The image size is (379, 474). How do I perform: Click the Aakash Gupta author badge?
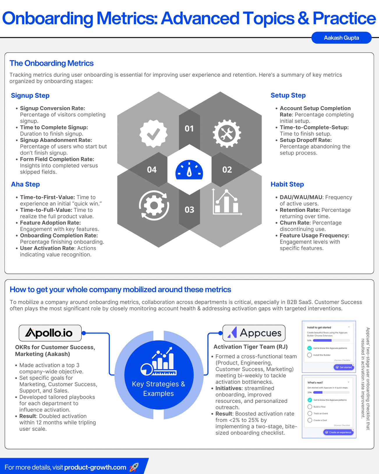[x=341, y=38]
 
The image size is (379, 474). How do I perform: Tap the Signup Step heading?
[x=30, y=95]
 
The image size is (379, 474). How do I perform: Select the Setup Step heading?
[x=288, y=95]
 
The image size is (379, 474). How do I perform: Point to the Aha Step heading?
[x=25, y=184]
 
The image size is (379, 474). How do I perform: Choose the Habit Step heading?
[x=287, y=184]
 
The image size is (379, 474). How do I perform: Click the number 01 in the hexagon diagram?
[x=189, y=128]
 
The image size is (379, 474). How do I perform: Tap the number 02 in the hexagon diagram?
[x=227, y=169]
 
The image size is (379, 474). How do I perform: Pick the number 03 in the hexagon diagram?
[x=189, y=210]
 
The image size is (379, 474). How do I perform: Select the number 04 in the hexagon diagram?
[x=152, y=169]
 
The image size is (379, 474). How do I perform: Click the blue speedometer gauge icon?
[x=189, y=170]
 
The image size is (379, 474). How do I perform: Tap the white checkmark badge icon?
[x=153, y=134]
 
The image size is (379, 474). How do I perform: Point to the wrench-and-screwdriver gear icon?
[x=227, y=134]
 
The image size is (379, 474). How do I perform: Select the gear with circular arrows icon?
[x=154, y=206]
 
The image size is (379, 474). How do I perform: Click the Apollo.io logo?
[x=50, y=333]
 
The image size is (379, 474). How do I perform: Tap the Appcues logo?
[x=254, y=333]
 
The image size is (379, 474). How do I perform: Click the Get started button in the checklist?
[x=344, y=367]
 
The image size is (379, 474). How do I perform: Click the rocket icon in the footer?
[x=134, y=467]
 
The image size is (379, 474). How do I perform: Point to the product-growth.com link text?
[x=95, y=467]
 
